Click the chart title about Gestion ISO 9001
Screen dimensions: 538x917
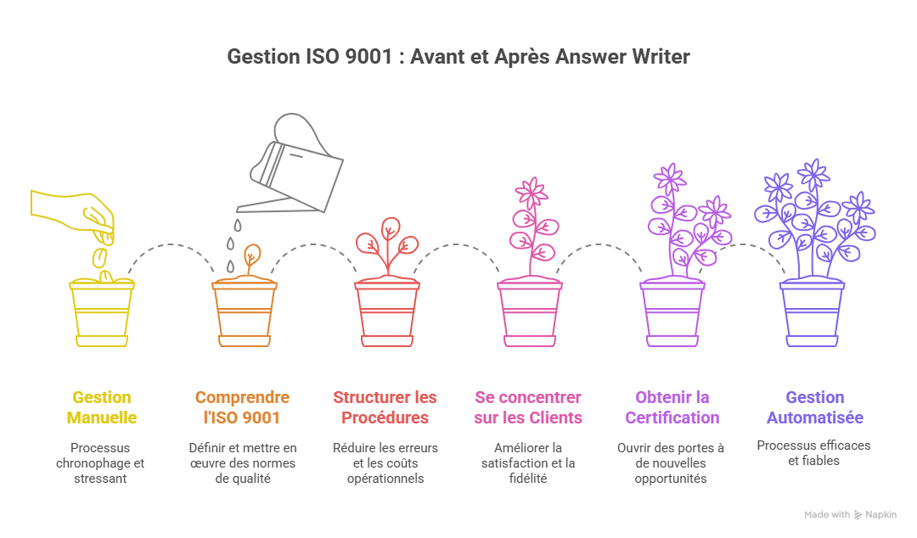(x=458, y=57)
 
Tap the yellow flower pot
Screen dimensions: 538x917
(x=101, y=311)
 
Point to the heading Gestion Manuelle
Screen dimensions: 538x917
(x=101, y=407)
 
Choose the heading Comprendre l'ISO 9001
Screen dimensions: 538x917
(x=242, y=407)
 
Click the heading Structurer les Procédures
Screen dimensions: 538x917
(x=385, y=407)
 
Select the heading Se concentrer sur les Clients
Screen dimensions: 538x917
(x=527, y=407)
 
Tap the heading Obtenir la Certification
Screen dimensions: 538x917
(x=672, y=407)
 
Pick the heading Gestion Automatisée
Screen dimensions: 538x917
(x=814, y=407)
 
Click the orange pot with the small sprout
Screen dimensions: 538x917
(x=244, y=311)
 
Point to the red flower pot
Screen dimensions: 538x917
(x=386, y=311)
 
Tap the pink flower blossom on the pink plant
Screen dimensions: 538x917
(x=532, y=193)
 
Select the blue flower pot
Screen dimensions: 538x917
(x=813, y=311)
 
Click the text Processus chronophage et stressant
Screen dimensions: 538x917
(x=101, y=462)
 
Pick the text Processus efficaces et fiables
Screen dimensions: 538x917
(x=814, y=452)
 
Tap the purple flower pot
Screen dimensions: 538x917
(x=672, y=311)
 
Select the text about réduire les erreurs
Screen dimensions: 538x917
(x=385, y=462)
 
